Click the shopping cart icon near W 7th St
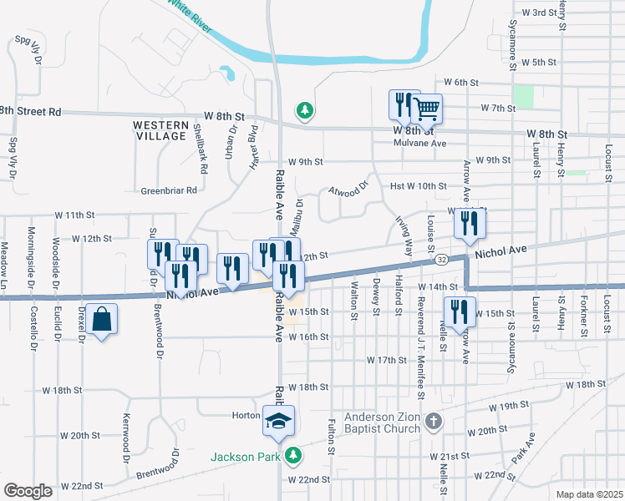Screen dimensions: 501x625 [426, 108]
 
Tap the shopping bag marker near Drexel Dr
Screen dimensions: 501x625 [101, 320]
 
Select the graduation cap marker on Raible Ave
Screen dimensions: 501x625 [279, 421]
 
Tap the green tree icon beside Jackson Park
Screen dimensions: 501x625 [292, 455]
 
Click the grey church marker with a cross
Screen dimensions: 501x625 [432, 420]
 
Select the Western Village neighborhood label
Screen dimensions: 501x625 [160, 129]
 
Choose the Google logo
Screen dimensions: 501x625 [28, 490]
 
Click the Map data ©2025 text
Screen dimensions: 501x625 [588, 494]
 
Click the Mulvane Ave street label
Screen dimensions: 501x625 [420, 143]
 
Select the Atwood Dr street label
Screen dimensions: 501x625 [348, 190]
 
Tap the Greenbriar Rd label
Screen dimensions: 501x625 [168, 190]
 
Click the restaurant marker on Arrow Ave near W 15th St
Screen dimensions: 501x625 [459, 311]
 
